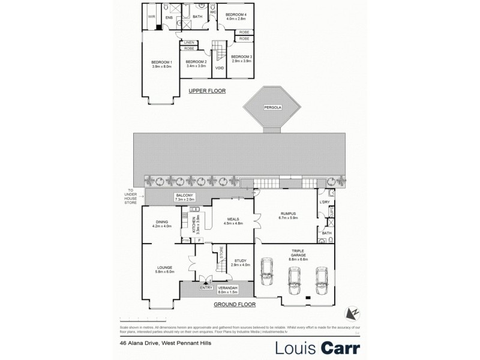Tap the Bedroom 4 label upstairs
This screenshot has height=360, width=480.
(232, 16)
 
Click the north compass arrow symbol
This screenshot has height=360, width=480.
(353, 312)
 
